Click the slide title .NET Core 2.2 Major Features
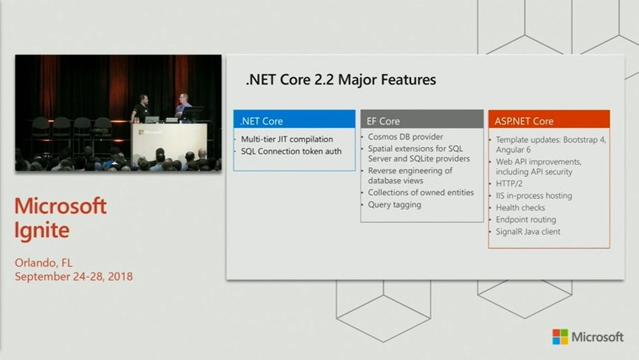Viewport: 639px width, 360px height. [341, 80]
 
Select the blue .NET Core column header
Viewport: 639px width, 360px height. [294, 119]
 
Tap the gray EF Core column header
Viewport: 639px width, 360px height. [422, 119]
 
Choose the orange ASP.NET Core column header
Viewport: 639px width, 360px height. [549, 119]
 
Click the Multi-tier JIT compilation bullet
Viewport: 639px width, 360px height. [287, 140]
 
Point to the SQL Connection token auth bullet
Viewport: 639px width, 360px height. [291, 151]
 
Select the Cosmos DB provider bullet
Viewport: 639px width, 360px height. [405, 137]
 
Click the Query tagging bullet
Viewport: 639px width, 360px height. [394, 204]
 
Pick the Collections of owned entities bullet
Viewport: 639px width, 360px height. [420, 193]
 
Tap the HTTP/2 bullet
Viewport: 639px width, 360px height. [509, 184]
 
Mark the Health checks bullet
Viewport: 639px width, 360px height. [520, 208]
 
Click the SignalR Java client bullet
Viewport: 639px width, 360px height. [528, 231]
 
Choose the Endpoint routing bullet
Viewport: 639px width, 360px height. [525, 220]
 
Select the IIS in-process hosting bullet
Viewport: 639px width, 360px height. [534, 196]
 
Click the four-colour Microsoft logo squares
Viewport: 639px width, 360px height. [560, 336]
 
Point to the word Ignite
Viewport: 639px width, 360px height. [41, 230]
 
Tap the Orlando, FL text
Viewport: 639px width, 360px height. [44, 263]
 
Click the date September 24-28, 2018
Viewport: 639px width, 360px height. [74, 277]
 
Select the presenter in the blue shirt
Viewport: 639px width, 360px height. [182, 106]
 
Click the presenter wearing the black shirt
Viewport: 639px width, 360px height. [140, 109]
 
